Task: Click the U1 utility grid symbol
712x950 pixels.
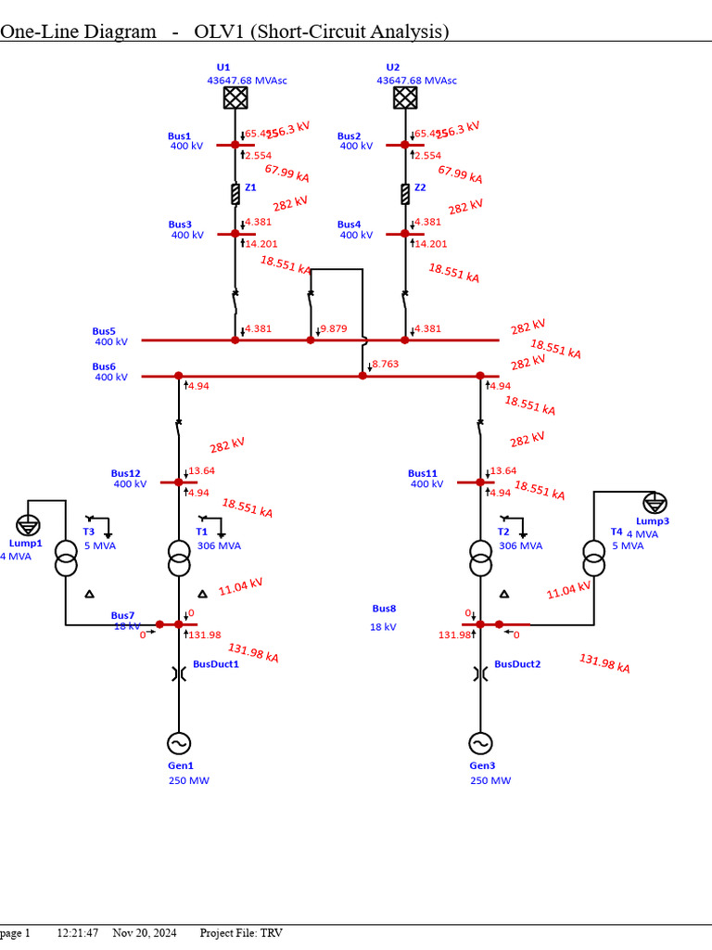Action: tap(235, 97)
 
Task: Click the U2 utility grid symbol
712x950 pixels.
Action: tap(405, 97)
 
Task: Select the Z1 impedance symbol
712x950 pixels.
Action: tap(235, 194)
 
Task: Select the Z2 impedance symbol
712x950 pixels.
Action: tap(405, 194)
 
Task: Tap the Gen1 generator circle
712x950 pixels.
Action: tap(179, 743)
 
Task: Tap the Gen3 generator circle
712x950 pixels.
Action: tap(480, 743)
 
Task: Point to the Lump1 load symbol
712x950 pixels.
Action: tap(29, 524)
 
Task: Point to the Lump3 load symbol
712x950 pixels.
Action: tap(655, 503)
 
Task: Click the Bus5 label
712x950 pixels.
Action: tap(104, 331)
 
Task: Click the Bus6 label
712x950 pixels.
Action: tap(104, 366)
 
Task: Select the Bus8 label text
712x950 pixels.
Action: tap(384, 609)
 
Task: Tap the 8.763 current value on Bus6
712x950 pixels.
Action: tap(386, 365)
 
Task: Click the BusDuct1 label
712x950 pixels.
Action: tap(216, 664)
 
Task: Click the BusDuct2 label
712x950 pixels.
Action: tap(517, 664)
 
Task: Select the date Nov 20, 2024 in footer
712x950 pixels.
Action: tap(144, 932)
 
